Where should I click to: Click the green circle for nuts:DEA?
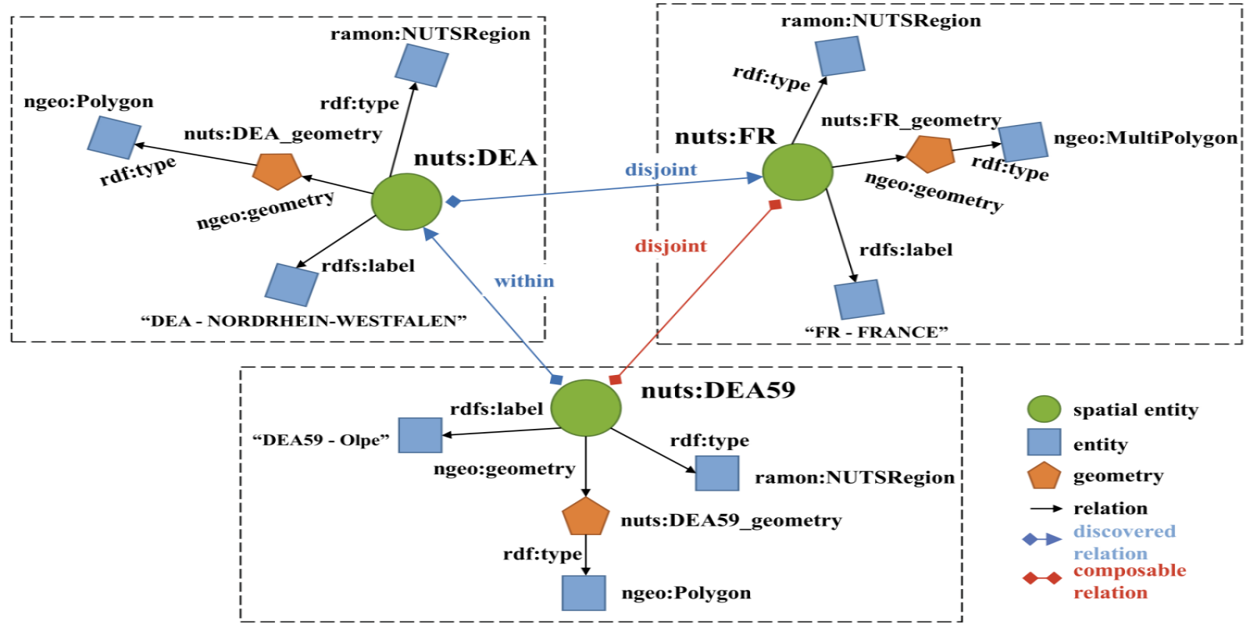[406, 202]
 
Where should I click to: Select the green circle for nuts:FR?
[797, 172]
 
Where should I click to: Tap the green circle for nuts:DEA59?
[586, 408]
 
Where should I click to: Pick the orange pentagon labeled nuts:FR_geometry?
[930, 153]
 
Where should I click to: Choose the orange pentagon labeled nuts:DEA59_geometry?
[586, 516]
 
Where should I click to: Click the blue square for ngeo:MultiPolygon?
[1023, 141]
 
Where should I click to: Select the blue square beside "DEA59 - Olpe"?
[420, 435]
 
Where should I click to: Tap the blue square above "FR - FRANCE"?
[859, 299]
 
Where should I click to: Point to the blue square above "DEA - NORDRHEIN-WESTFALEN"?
[291, 284]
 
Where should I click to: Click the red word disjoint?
[670, 246]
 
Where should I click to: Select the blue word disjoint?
[661, 170]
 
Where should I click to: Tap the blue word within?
[524, 281]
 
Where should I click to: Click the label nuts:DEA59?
[718, 391]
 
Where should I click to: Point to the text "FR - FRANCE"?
[876, 332]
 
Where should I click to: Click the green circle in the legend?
[1044, 409]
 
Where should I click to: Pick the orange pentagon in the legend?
[1044, 476]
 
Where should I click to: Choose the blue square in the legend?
[1044, 442]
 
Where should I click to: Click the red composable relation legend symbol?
[1042, 578]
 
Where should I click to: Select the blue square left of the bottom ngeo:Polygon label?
[584, 593]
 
